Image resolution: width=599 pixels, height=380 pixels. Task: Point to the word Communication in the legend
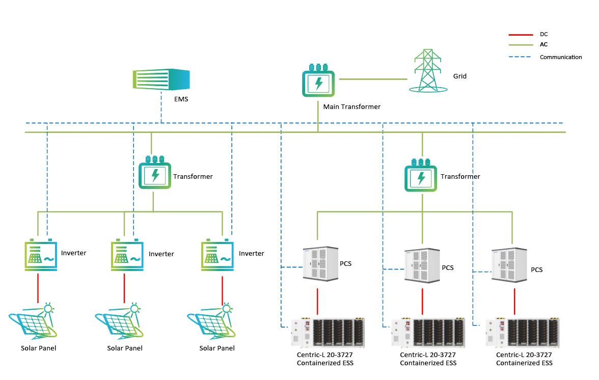pos(560,57)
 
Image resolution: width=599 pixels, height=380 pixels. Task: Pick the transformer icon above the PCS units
pos(421,176)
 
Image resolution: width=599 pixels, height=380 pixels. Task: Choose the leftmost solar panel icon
pos(34,323)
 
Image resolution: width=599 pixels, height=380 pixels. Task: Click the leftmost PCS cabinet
pos(320,262)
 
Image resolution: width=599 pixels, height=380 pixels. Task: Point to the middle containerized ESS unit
pos(428,334)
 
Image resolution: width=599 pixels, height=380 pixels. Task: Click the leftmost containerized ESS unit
pos(328,334)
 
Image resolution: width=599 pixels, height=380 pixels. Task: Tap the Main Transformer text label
pos(351,107)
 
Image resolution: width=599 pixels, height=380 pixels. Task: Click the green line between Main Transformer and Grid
pos(373,79)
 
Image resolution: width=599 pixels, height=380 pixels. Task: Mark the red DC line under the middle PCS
pos(422,302)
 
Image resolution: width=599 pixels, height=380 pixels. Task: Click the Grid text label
pos(459,76)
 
